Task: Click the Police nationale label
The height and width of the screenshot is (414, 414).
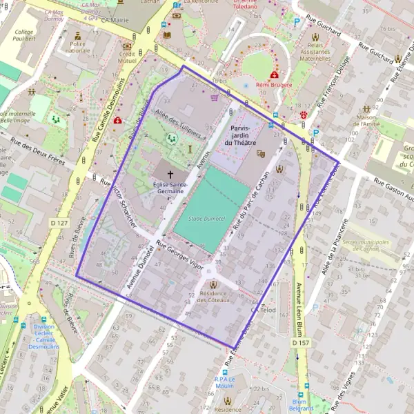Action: coord(77,47)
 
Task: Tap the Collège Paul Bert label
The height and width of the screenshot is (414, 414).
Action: coord(23,36)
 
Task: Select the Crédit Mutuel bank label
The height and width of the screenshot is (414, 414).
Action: coord(126,57)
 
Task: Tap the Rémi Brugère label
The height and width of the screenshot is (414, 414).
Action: coord(274,85)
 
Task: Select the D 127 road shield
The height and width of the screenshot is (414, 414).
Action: coord(60,223)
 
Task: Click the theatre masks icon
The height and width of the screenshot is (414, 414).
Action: coord(261,154)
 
